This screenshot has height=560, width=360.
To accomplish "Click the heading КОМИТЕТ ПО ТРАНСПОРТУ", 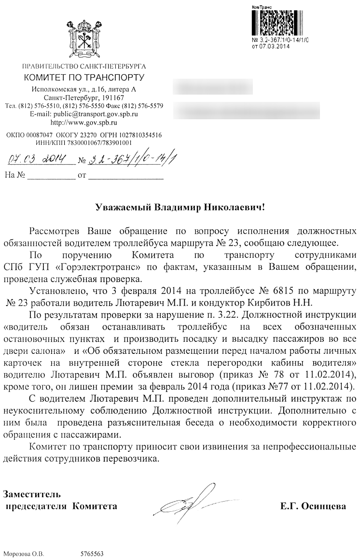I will point(84,77).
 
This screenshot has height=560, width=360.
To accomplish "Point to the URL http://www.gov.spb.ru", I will point(84,122).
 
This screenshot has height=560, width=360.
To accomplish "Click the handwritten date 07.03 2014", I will point(38,159).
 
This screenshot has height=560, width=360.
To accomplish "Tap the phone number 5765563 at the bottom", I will point(92,554).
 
